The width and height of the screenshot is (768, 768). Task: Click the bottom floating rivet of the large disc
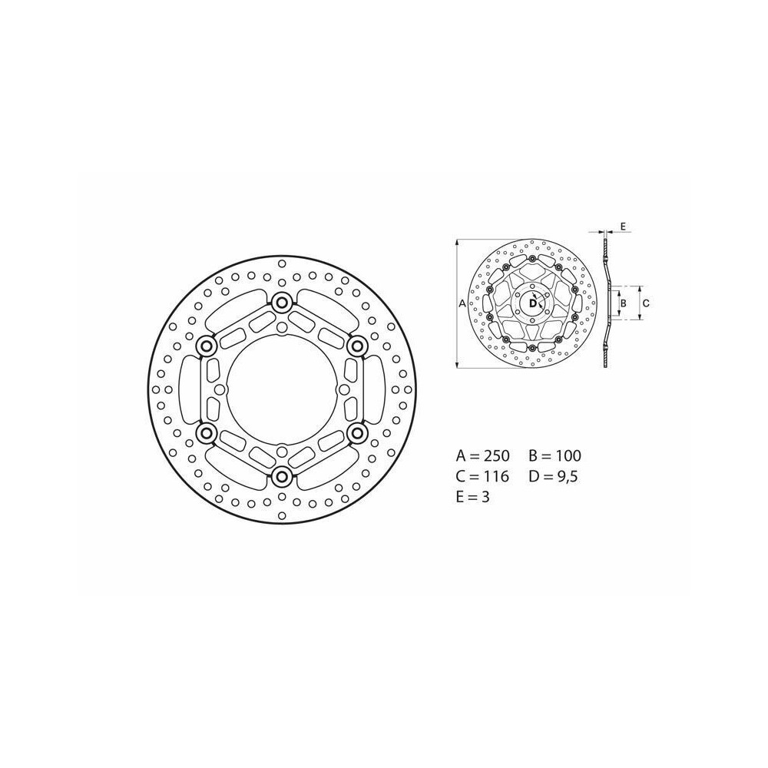point(281,477)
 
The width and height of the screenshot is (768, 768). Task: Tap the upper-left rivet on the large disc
point(206,347)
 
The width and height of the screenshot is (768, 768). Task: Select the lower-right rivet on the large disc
point(356,433)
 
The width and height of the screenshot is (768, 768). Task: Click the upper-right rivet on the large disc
point(356,347)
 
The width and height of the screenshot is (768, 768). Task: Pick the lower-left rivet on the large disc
point(206,433)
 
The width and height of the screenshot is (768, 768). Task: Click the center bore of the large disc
point(281,390)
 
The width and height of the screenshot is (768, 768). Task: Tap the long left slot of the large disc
point(188,390)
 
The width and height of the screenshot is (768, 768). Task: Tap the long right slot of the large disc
point(374,390)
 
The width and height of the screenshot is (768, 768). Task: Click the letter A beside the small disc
point(462,304)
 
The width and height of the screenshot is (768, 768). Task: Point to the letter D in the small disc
point(531,303)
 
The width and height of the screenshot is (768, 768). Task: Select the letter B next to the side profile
point(624,303)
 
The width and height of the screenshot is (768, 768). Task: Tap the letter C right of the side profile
point(646,303)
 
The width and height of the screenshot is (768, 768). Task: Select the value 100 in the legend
point(567,456)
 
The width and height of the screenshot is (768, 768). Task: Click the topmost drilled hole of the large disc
point(281,263)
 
